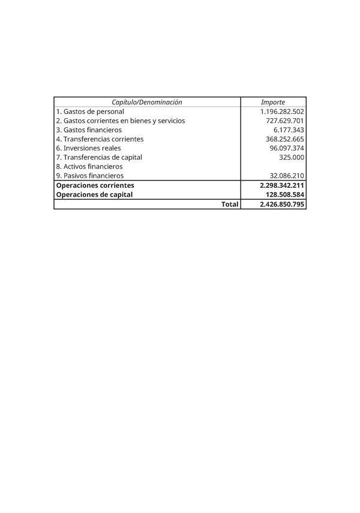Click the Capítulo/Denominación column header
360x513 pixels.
tap(146, 103)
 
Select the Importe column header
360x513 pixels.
tap(273, 103)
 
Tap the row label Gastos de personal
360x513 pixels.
tap(90, 112)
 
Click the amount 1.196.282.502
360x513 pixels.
tap(282, 112)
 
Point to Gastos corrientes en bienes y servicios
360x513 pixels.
tap(120, 121)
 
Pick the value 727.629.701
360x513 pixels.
tap(286, 121)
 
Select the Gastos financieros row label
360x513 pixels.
tap(89, 130)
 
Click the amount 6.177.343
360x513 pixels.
tap(289, 130)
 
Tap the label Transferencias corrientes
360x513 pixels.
tap(100, 139)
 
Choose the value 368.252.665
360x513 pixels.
tap(286, 139)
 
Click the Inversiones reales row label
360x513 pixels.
tap(88, 148)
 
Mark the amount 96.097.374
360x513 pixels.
tap(287, 148)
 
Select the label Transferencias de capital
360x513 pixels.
tap(99, 157)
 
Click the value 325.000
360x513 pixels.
tap(292, 157)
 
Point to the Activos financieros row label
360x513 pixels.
tap(89, 166)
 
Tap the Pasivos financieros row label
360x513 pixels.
tap(89, 176)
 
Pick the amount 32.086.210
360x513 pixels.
tap(287, 176)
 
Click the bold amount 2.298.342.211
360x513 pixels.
tap(282, 185)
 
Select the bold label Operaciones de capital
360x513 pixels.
tap(94, 194)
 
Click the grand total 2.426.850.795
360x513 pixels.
tap(282, 204)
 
